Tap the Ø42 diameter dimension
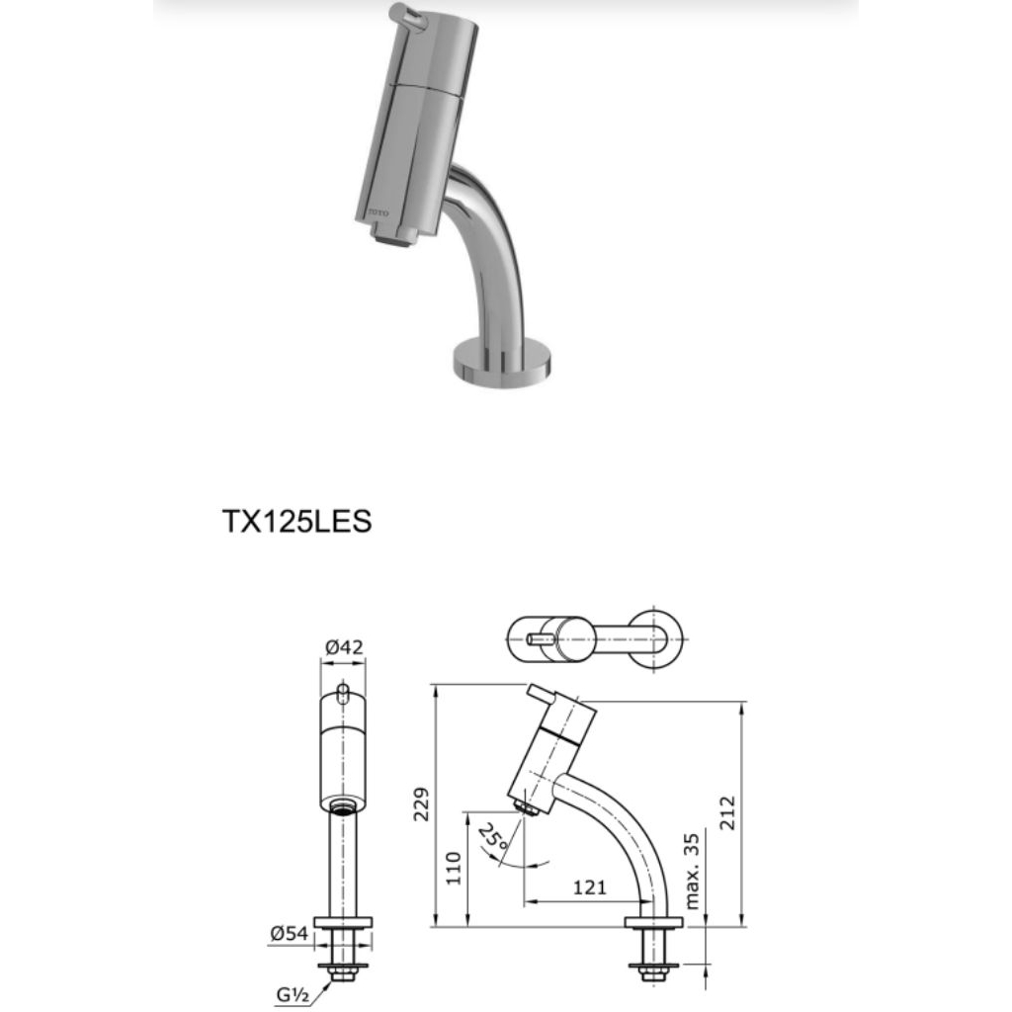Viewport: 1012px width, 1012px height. click(343, 647)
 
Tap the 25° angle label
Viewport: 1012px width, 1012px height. click(492, 840)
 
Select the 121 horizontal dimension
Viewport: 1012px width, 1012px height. click(589, 887)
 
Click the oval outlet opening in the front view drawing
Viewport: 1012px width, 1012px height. click(343, 805)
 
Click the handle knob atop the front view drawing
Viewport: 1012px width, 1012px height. click(343, 691)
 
